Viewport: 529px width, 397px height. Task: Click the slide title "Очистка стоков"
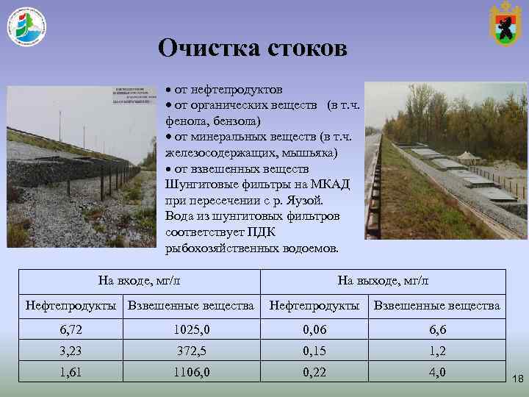(x=253, y=49)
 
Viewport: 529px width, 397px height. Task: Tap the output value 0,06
(x=314, y=330)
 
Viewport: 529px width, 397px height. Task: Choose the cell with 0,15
(x=314, y=351)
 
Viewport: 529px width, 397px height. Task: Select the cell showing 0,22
(x=314, y=372)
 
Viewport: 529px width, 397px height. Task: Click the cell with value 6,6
(x=437, y=330)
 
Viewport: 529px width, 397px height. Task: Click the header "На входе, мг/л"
(x=140, y=280)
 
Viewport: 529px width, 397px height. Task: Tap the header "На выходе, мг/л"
(x=383, y=280)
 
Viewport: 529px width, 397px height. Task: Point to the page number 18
(x=517, y=379)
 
